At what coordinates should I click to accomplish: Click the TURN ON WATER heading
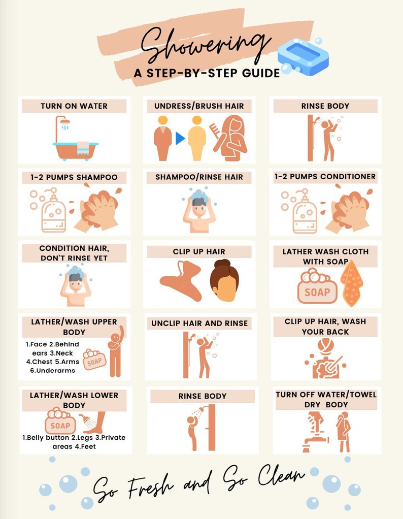(x=74, y=106)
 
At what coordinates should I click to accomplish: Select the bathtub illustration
(x=75, y=145)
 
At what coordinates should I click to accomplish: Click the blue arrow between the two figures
(x=180, y=138)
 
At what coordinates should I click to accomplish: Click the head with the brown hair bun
(x=224, y=281)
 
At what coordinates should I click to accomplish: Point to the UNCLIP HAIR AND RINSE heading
(x=199, y=323)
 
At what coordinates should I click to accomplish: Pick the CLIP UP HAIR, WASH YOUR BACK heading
(x=325, y=327)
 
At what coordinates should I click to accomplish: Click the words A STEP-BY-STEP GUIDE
(x=207, y=73)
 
